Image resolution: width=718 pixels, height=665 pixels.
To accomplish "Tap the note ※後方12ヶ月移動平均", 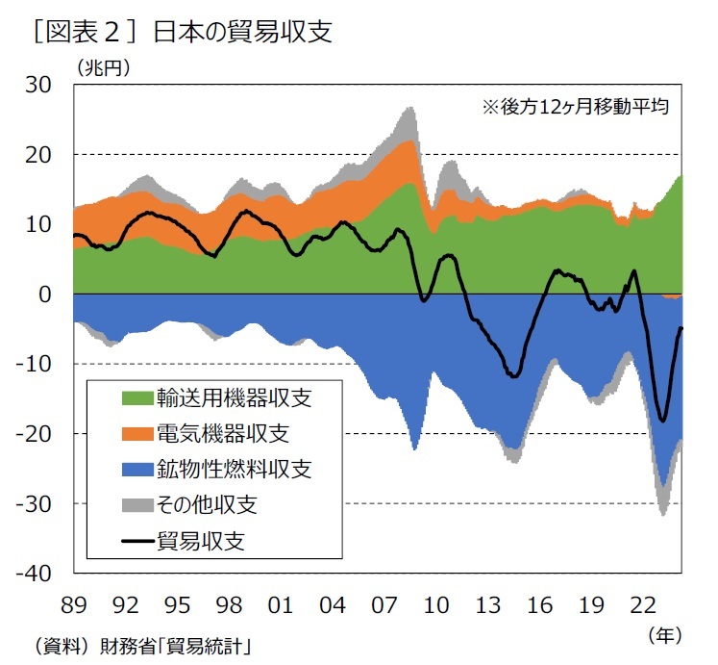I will (575, 107).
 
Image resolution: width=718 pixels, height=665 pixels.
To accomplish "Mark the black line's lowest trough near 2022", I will (662, 421).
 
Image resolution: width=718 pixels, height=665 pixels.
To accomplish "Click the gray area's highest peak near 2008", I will (409, 107).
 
